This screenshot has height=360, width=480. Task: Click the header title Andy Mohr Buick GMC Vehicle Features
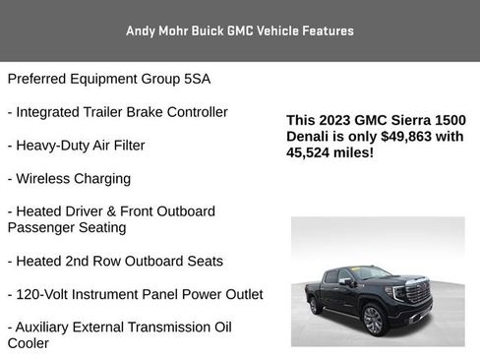240,30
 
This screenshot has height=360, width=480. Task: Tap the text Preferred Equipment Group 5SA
109,79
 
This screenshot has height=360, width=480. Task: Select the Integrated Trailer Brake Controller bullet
118,112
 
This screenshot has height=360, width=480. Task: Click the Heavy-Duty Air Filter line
77,146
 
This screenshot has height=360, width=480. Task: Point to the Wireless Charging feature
69,179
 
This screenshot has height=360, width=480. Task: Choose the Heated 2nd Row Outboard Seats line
115,262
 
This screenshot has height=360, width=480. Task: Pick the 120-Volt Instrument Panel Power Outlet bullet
135,295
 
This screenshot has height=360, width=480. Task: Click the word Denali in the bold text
311,137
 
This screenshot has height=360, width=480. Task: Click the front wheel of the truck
373,319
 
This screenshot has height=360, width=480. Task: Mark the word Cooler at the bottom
29,344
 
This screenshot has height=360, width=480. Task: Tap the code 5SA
198,79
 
